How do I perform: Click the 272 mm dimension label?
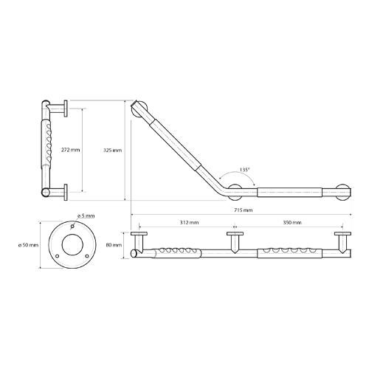coord(71,150)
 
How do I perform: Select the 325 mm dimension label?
coord(112,150)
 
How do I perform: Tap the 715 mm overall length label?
coord(243,210)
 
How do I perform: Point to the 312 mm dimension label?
coord(189,222)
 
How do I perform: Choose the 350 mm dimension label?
coord(292,222)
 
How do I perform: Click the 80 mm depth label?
coord(114,245)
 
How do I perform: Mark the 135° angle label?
coord(245,170)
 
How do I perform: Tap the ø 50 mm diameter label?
coord(28,245)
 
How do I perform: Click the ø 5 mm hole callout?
coord(86,216)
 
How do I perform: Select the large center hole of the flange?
coord(72,244)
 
